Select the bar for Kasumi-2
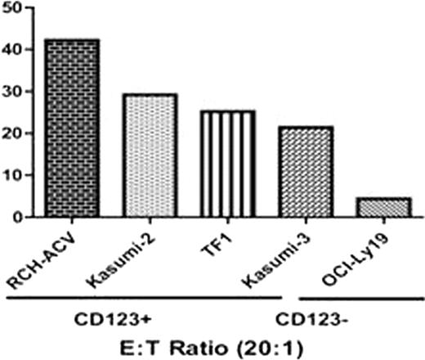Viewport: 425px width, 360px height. pos(149,155)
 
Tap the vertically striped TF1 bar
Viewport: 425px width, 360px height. pos(227,164)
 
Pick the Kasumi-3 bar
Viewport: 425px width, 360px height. pos(305,172)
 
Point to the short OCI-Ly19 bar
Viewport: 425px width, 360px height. pos(382,208)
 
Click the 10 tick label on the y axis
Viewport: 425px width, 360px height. pos(17,175)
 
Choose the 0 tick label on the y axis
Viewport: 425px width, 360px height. pos(22,217)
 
